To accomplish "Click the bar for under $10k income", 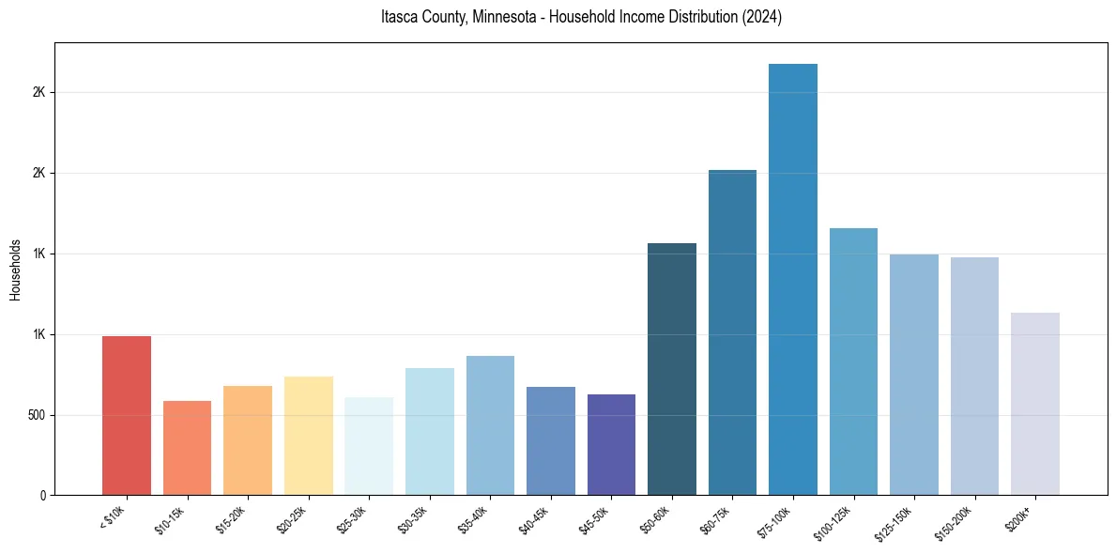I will [x=127, y=415].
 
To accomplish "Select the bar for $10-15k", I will [x=187, y=448].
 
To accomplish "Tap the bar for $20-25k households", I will [x=308, y=436].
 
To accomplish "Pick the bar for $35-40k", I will [x=490, y=425].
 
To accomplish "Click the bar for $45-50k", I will [x=611, y=444].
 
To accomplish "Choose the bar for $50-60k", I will [x=672, y=369].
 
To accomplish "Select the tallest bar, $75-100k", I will [x=793, y=279].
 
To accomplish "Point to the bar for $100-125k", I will [x=853, y=362].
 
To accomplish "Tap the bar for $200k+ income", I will [x=1035, y=404].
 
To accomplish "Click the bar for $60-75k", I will [x=732, y=332].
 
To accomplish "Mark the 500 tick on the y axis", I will [x=36, y=415].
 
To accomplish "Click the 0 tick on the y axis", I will [x=42, y=495].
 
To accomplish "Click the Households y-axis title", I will [x=15, y=269].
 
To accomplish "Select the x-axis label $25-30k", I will [x=352, y=519].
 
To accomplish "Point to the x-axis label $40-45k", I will [x=534, y=519].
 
